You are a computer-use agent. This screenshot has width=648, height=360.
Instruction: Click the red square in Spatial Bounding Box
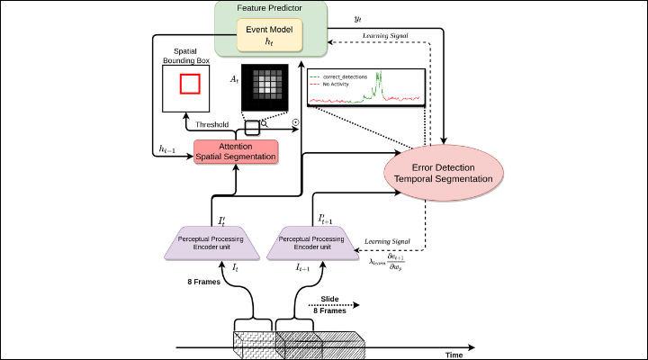(x=190, y=84)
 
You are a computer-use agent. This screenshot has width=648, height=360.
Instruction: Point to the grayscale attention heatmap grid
(x=266, y=89)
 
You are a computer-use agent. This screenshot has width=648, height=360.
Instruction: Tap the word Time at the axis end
(x=454, y=354)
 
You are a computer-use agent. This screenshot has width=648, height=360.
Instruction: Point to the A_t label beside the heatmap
(x=236, y=81)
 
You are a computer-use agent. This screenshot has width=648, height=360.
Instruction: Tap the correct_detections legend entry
(x=343, y=77)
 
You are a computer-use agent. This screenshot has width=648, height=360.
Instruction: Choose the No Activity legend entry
(x=336, y=84)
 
